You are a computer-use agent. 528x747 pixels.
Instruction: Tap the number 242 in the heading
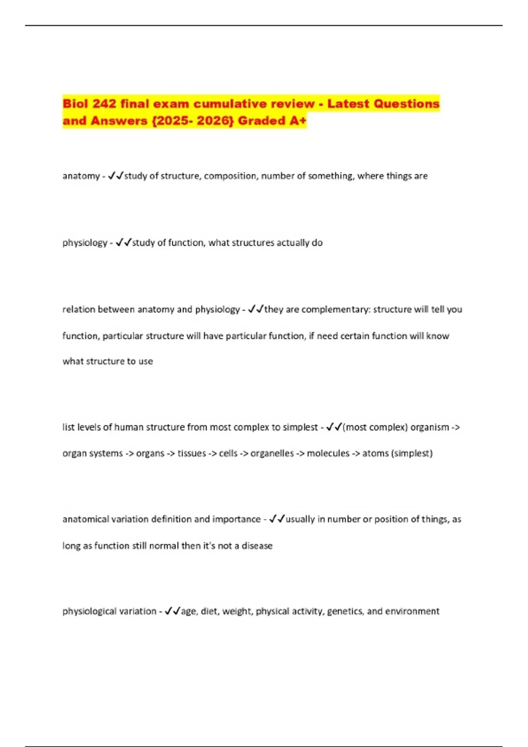tap(104, 104)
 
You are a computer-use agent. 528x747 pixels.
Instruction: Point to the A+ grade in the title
tap(297, 121)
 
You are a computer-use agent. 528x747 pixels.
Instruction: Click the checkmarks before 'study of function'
tap(123, 243)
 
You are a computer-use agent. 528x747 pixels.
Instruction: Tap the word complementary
tap(336, 310)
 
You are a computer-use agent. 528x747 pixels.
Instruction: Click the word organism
tap(429, 428)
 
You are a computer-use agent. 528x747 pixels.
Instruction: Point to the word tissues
tap(191, 453)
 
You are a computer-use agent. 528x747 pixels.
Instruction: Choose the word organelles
tap(272, 453)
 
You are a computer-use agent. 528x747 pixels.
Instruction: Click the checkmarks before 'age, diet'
tap(172, 611)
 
